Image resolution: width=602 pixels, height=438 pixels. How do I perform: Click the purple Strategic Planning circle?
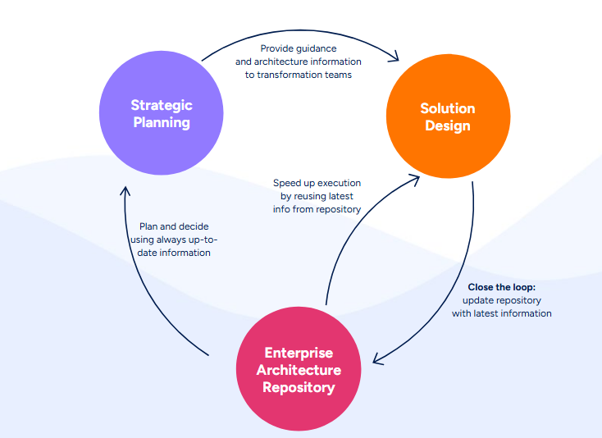[x=162, y=113]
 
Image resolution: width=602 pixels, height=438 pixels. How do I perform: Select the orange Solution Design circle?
[x=448, y=116]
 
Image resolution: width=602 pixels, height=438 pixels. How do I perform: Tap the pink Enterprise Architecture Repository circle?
[x=299, y=369]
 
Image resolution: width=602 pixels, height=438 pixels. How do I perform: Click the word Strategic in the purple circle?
[x=162, y=105]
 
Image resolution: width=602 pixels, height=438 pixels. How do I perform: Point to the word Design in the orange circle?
[x=448, y=125]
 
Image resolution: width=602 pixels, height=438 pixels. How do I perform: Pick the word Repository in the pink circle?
[x=299, y=387]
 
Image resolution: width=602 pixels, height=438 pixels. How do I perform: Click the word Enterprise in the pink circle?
[x=299, y=353]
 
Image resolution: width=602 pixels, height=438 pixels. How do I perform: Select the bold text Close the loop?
[x=501, y=287]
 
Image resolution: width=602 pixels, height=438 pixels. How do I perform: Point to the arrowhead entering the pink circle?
[x=376, y=358]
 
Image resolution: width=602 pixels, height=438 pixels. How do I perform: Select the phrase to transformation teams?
[x=298, y=75]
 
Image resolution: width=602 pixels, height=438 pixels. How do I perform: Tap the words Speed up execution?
[x=317, y=183]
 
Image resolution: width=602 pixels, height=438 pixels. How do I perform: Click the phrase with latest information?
[x=501, y=313]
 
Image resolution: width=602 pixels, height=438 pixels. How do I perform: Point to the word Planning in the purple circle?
[x=162, y=123]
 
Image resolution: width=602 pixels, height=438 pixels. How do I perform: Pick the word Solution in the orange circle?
[x=448, y=108]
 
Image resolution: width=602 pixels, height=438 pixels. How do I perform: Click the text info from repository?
[x=317, y=209]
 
